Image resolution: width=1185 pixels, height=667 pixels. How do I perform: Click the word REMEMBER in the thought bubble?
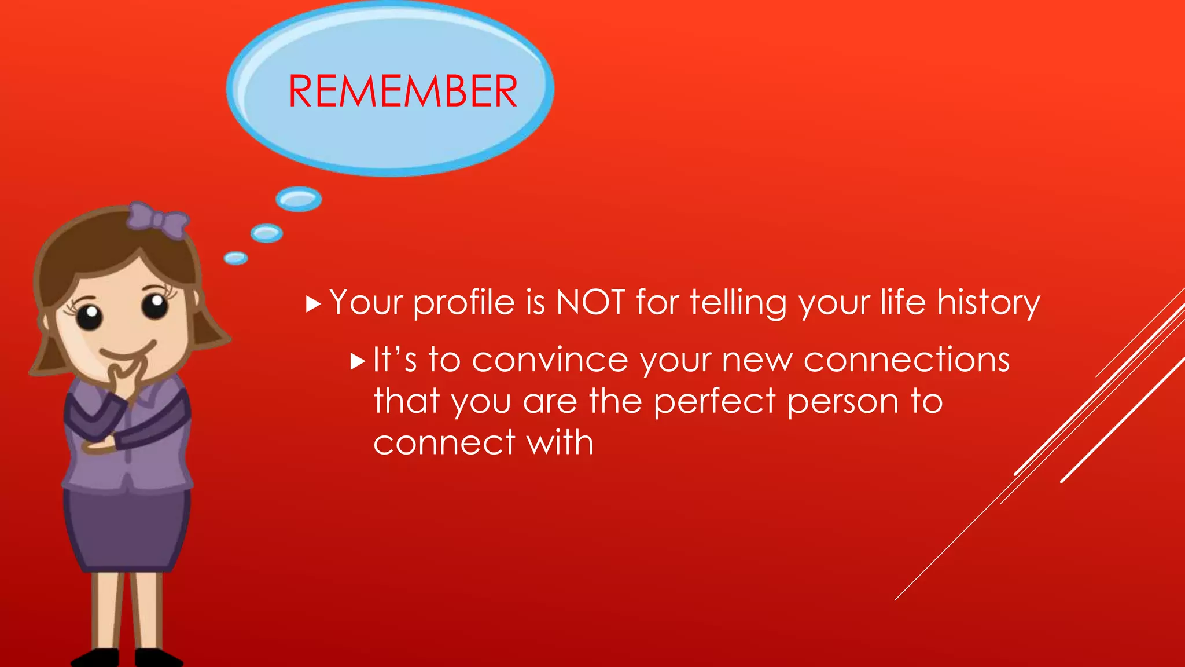(403, 91)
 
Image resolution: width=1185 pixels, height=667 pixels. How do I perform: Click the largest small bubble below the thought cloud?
(299, 199)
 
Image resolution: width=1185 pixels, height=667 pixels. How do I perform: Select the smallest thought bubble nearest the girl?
(235, 258)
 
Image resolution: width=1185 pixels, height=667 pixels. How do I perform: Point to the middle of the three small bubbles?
(267, 233)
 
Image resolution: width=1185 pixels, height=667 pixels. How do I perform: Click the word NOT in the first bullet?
(590, 302)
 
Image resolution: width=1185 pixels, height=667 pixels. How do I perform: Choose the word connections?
(907, 360)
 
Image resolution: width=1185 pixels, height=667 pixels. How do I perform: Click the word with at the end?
(560, 443)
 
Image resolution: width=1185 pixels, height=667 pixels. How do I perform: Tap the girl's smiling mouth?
(128, 353)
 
